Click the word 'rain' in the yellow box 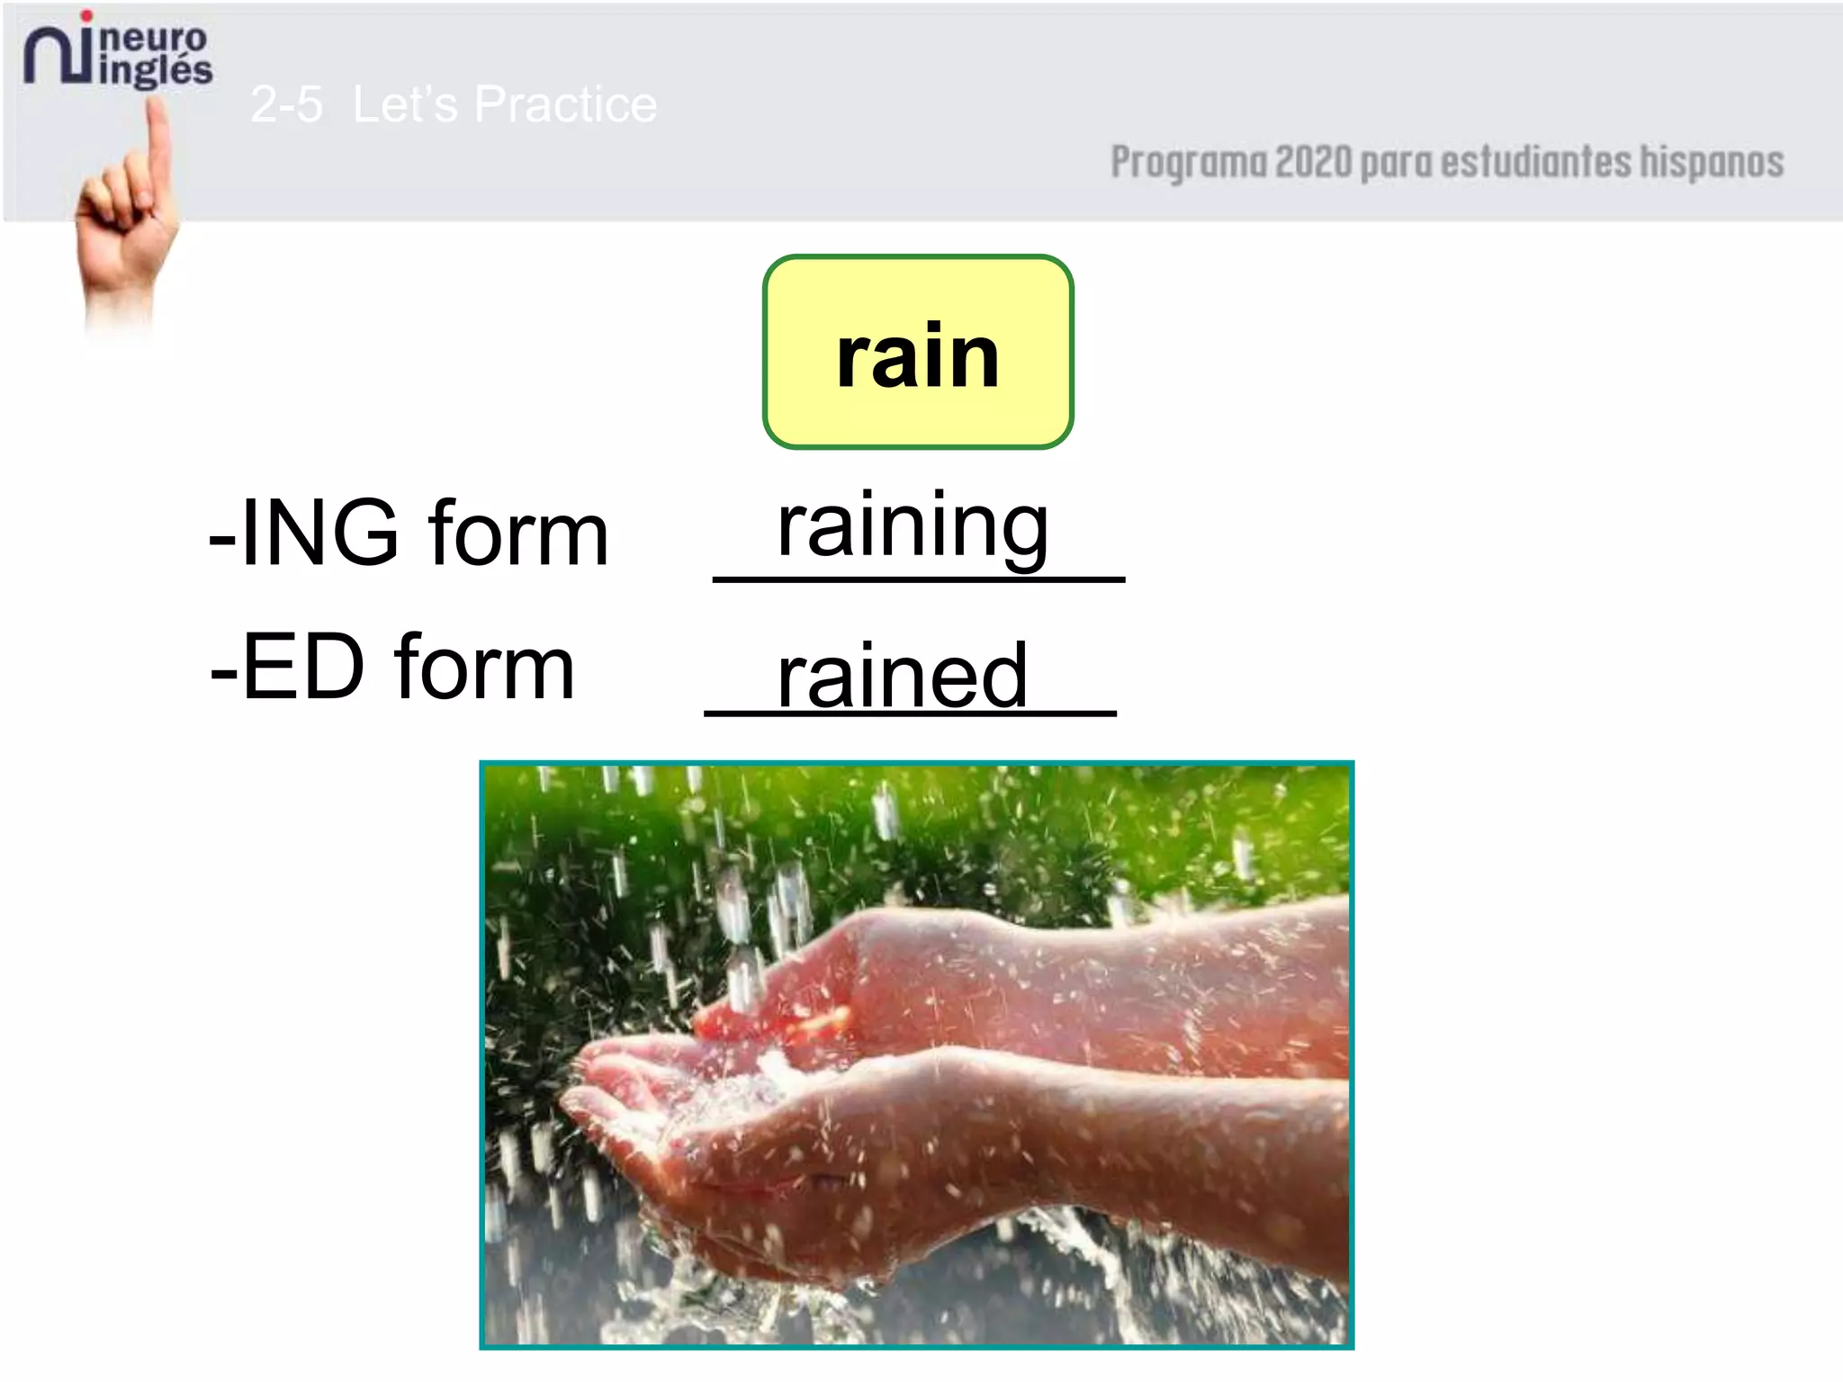point(918,357)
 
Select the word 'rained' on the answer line point(902,676)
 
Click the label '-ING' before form point(303,533)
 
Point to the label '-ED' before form point(287,667)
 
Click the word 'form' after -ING point(518,534)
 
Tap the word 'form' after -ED point(484,669)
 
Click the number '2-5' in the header point(286,104)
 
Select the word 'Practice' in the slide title point(565,104)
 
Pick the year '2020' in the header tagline point(1313,162)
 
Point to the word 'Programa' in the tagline point(1188,164)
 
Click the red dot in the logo point(86,15)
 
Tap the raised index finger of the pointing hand point(159,144)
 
